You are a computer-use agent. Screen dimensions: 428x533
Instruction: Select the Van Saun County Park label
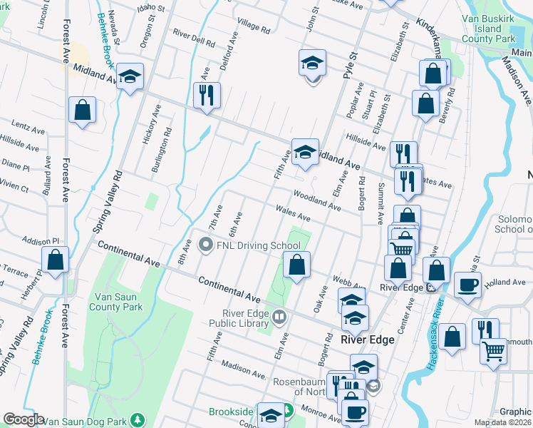pos(115,302)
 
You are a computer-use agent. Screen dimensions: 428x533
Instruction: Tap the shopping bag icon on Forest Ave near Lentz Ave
pos(83,110)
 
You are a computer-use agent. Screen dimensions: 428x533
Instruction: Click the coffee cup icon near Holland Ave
pos(467,285)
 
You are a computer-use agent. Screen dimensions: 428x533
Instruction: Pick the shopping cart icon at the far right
pos(493,352)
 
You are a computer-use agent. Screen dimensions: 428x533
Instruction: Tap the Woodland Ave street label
pos(316,200)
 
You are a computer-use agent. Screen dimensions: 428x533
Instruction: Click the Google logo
pos(24,419)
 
